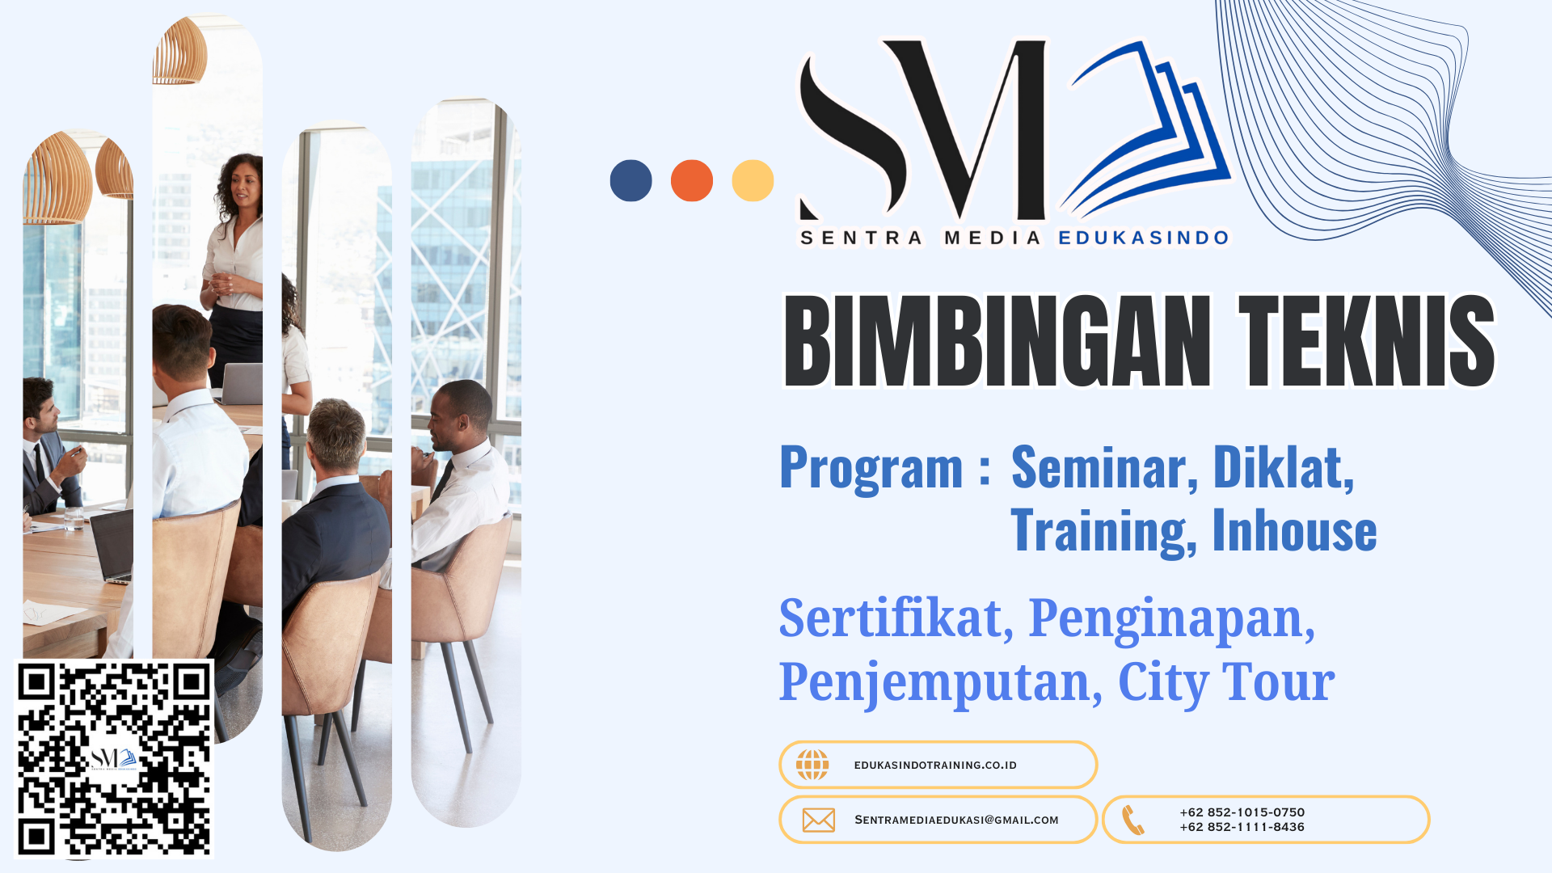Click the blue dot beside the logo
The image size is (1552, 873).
point(630,180)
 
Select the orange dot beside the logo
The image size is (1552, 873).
point(692,180)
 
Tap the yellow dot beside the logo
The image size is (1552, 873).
point(753,180)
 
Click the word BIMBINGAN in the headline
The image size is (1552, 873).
point(997,341)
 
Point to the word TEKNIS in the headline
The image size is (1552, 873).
point(1367,341)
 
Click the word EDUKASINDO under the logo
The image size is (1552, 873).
point(1144,238)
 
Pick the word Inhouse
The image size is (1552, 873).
point(1294,531)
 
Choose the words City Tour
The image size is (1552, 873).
point(1226,682)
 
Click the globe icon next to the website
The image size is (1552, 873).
point(812,765)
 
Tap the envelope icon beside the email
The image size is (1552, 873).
point(819,820)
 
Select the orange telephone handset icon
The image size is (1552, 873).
point(1133,820)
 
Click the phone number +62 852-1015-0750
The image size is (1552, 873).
point(1242,812)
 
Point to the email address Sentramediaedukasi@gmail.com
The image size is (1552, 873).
point(956,820)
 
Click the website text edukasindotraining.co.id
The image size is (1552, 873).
point(935,765)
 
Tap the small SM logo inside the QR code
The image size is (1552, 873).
point(113,759)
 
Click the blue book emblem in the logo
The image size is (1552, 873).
point(1145,129)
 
